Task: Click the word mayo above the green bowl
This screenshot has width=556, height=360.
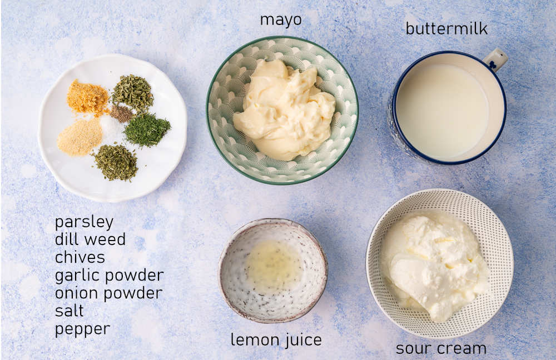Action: coord(281,20)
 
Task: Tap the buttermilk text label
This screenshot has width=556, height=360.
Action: coord(446,28)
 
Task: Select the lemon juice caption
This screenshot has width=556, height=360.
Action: coord(276,339)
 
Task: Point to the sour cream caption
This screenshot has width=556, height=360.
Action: coord(441,348)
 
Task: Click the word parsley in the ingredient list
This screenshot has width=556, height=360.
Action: coord(84,222)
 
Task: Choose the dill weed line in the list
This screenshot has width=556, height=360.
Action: coord(90,240)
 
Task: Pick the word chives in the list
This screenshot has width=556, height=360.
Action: coord(80,258)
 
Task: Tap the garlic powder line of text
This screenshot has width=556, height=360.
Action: coord(109,276)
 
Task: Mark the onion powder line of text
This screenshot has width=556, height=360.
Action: coord(108,293)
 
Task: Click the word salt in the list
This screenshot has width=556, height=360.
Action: coord(69,311)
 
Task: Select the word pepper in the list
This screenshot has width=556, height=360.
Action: coord(82,329)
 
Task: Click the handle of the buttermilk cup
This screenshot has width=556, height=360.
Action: coord(495,59)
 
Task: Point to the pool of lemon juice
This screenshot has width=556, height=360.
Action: coord(274,265)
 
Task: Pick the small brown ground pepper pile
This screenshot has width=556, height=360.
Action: coord(121,113)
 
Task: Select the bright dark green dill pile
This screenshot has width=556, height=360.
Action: coord(147,129)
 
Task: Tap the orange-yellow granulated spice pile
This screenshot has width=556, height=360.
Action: coord(88,97)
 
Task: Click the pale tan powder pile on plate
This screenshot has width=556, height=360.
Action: coord(80,137)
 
